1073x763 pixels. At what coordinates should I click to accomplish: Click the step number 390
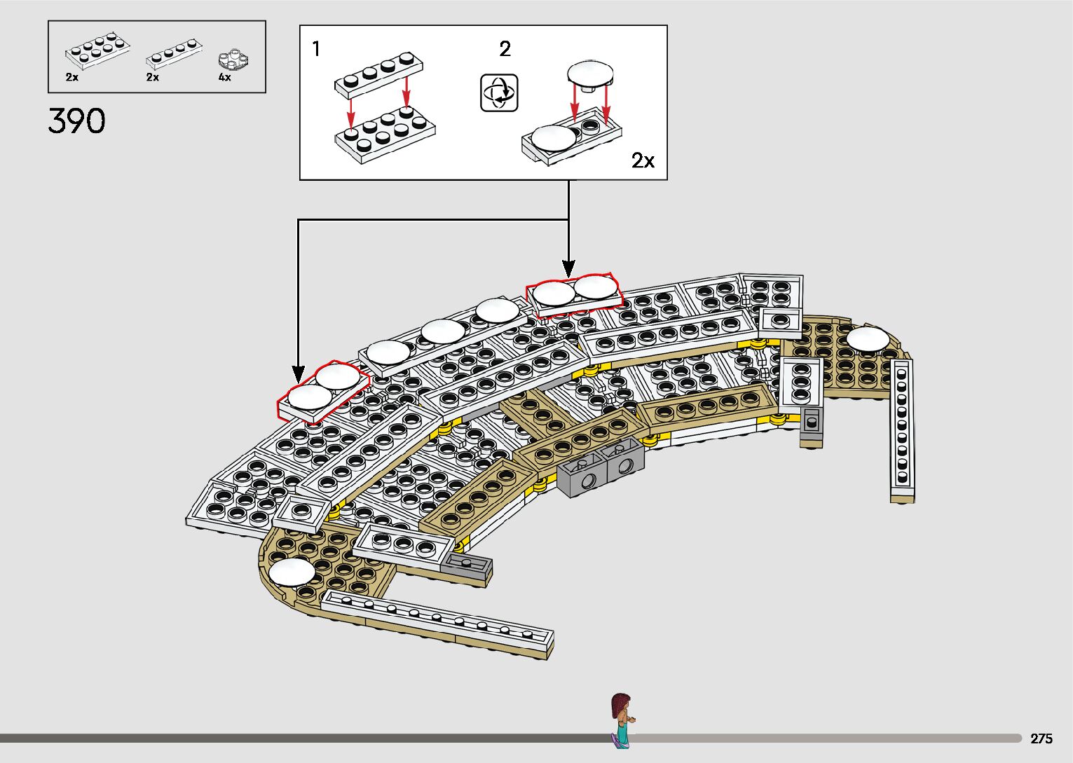pos(76,121)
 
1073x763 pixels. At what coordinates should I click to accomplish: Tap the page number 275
pos(1041,738)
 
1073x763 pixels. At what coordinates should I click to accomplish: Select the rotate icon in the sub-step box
pos(499,92)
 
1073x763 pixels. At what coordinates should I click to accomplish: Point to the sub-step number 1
pos(316,49)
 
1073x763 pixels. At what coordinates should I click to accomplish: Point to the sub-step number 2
pos(505,49)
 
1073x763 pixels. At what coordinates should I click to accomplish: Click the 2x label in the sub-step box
pos(643,160)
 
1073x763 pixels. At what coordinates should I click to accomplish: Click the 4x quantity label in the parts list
pos(224,78)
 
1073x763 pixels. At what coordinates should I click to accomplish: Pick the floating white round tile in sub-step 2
pos(590,74)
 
